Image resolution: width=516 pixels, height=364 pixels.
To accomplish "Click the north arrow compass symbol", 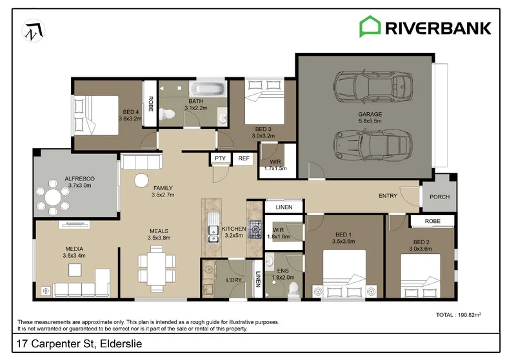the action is click(x=34, y=31).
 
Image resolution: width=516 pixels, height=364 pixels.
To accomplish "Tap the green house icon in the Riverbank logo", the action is click(x=370, y=26).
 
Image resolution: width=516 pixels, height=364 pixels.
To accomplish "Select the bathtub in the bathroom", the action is click(x=207, y=89).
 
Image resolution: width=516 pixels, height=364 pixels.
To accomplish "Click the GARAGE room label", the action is click(x=370, y=114).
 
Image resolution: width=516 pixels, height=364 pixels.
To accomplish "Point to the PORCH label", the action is click(x=439, y=196).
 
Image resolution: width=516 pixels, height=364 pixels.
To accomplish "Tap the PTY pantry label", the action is click(x=220, y=158).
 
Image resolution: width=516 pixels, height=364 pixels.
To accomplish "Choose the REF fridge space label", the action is click(x=244, y=158).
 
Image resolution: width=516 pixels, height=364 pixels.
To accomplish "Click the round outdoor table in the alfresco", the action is click(x=53, y=198).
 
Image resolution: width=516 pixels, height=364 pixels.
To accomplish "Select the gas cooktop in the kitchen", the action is click(x=255, y=229).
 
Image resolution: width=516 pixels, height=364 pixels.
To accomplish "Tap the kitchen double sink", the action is click(x=213, y=227).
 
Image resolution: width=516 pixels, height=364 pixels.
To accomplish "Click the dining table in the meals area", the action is click(x=156, y=269).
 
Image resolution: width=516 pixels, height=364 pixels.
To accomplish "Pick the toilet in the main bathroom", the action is click(x=167, y=115).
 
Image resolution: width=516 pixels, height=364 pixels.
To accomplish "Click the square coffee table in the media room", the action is click(x=75, y=270).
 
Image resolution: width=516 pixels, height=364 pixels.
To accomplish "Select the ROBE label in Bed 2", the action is click(x=432, y=221).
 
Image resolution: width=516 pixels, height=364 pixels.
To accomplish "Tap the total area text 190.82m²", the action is click(x=470, y=314).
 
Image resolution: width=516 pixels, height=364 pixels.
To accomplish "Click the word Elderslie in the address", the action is click(x=121, y=343).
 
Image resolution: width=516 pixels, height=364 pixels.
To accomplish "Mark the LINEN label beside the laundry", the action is click(x=258, y=279).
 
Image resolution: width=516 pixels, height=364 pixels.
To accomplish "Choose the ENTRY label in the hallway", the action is click(x=388, y=196).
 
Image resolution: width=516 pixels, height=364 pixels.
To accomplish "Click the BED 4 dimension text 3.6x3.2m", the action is click(x=130, y=119).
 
